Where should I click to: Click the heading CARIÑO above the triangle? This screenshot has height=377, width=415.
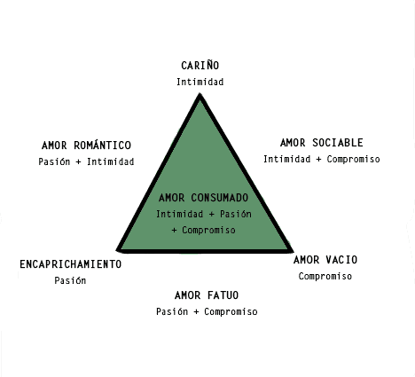[200, 65]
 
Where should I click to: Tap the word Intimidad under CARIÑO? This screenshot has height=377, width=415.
[200, 82]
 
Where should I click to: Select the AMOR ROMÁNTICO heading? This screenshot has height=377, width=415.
[86, 145]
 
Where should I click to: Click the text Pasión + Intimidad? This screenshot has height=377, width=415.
[86, 161]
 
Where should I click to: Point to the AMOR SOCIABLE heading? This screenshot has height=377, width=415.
[322, 143]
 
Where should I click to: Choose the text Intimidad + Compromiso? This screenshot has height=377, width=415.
[322, 159]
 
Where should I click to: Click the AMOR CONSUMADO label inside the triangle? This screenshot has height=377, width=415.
[203, 198]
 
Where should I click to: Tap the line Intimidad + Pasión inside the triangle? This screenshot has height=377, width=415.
[204, 214]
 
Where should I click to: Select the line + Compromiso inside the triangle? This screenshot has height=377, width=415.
[204, 230]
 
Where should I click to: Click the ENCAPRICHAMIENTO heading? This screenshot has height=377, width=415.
[71, 264]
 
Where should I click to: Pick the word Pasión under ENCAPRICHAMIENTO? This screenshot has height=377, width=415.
[70, 280]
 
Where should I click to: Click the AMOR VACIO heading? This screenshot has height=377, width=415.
[325, 260]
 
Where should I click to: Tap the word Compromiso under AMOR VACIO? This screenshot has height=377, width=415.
[325, 276]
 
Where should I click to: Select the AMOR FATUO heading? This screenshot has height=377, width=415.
[207, 295]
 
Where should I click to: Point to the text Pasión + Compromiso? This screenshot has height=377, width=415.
[207, 311]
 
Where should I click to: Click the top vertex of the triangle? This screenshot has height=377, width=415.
[200, 93]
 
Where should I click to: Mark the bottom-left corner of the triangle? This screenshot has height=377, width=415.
[117, 251]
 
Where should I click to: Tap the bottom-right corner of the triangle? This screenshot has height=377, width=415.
[292, 252]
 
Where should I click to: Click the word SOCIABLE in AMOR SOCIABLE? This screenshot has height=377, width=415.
[338, 143]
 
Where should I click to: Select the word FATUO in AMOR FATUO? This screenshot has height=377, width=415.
[223, 295]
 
